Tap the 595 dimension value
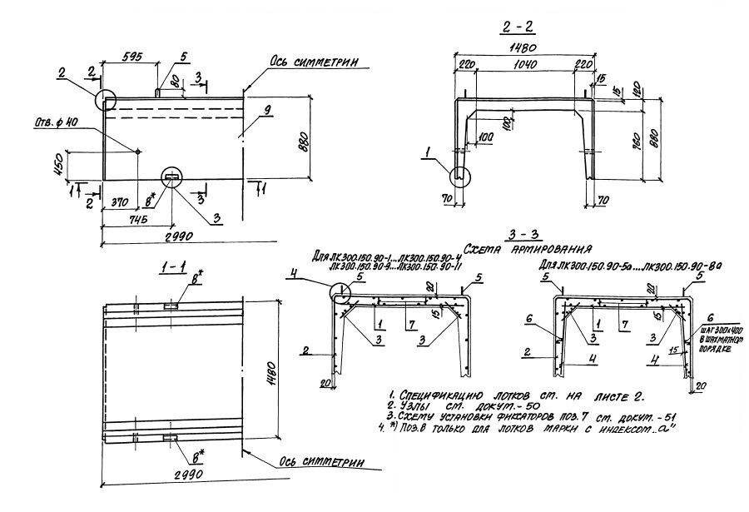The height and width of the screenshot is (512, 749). coord(128,57)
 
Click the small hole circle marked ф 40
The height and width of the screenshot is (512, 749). coord(138,152)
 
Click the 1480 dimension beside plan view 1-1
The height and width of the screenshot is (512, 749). coord(274,374)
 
